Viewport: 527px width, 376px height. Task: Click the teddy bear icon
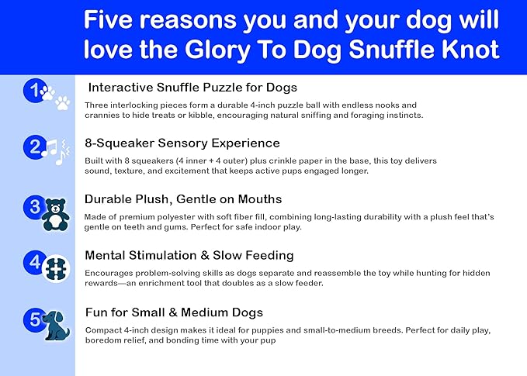tap(56, 215)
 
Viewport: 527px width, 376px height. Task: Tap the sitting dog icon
tap(56, 326)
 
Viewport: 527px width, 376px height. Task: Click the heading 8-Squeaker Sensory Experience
tap(182, 143)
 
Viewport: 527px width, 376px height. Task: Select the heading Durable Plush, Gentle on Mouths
tap(185, 200)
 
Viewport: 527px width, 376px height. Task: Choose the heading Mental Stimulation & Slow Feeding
tap(189, 255)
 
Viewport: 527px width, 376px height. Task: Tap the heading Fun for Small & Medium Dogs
tap(175, 312)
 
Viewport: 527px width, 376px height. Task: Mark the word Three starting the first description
tap(98, 104)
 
